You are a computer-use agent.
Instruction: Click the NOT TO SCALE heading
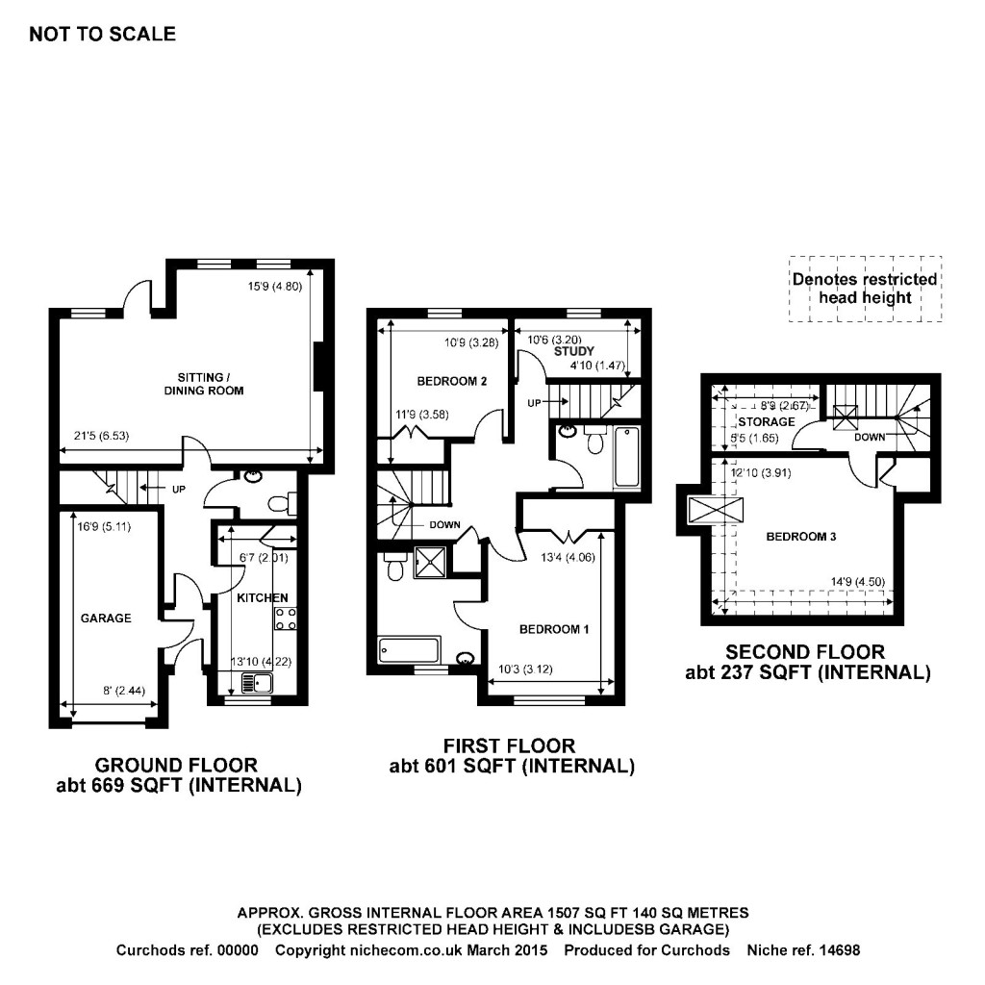coord(103,35)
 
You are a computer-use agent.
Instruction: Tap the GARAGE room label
coord(105,619)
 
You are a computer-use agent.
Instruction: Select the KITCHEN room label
coord(263,598)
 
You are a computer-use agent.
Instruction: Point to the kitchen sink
coord(259,684)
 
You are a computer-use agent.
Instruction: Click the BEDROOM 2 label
coord(451,382)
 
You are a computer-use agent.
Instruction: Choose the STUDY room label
coord(574,352)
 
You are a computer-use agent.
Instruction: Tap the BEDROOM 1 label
coord(553,630)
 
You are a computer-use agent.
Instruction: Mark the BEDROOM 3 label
coord(800,537)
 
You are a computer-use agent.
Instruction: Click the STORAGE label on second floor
coord(767,422)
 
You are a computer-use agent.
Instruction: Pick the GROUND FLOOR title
coord(176,766)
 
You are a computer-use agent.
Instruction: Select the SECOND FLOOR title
coord(805,652)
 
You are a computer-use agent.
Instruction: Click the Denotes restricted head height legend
coord(864,289)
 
